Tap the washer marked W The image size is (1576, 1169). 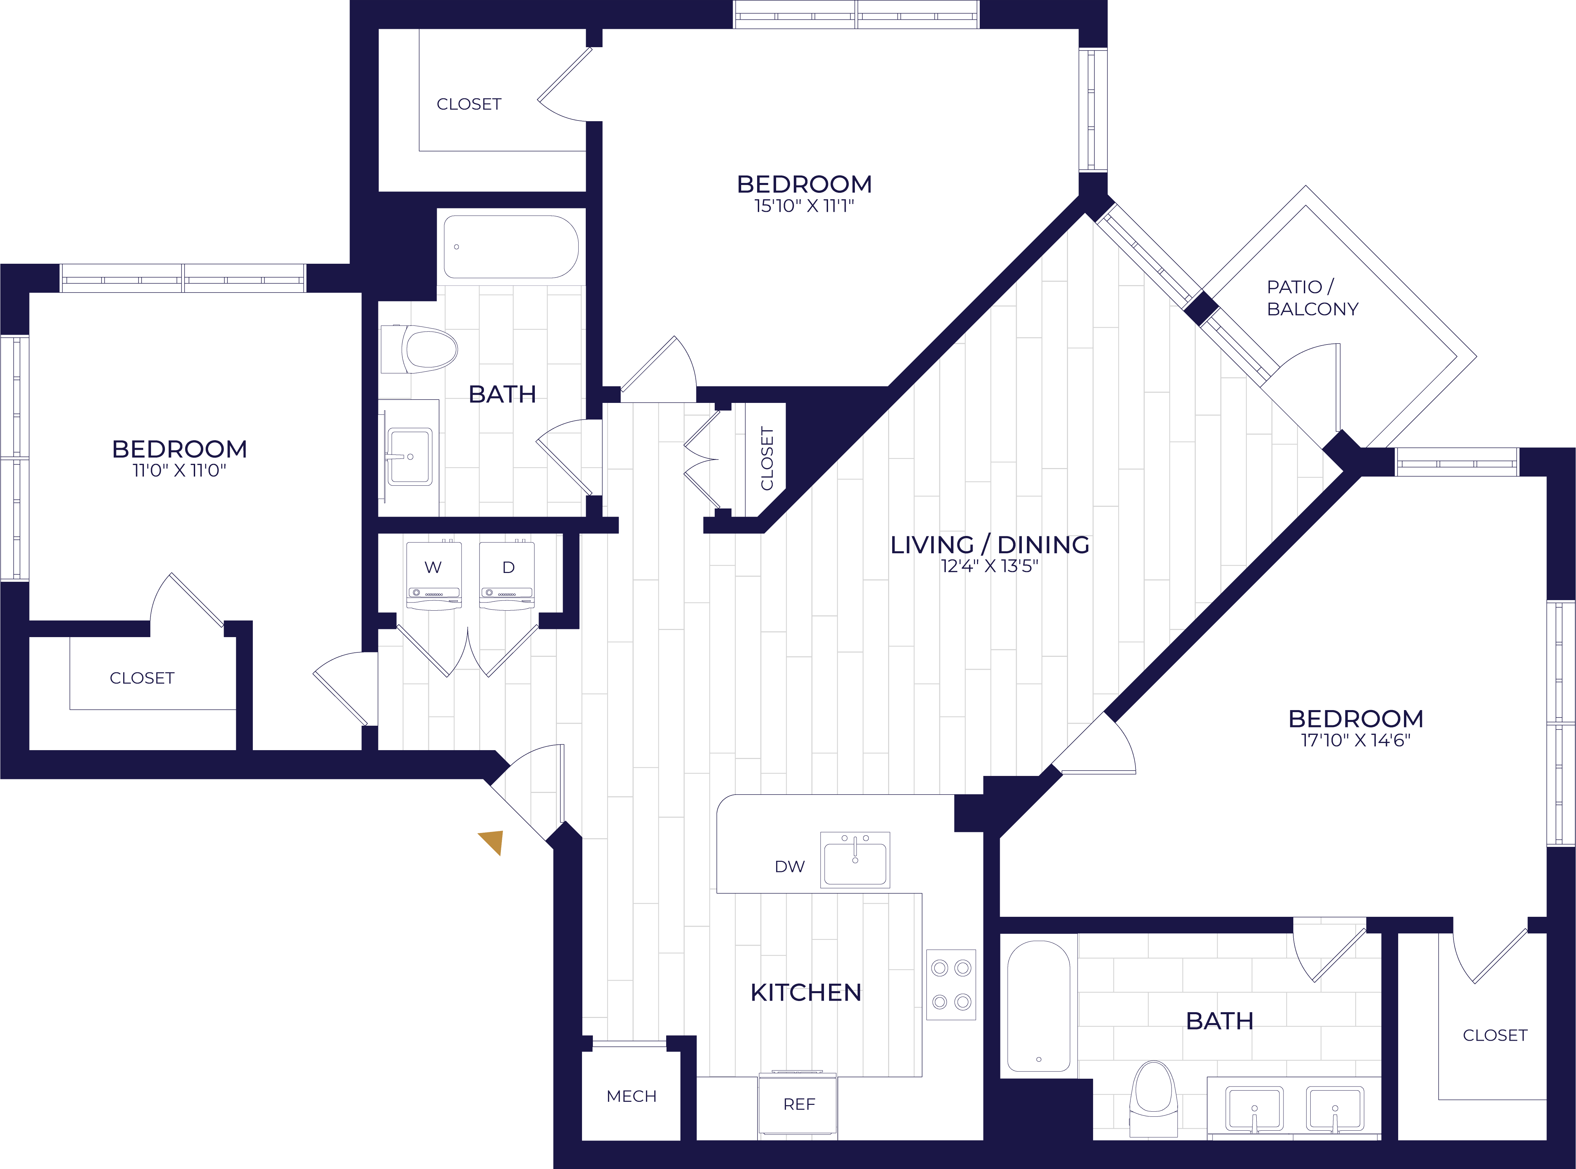[434, 575]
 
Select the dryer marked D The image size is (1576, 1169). [507, 575]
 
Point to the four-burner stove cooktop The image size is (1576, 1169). [951, 984]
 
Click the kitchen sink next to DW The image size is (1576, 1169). [855, 860]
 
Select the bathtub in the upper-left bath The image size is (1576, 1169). [511, 247]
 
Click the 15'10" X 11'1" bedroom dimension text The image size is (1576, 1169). [804, 206]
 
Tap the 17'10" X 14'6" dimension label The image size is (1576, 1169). [1355, 740]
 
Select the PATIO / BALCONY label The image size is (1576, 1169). [1312, 298]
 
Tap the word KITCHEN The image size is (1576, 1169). [806, 993]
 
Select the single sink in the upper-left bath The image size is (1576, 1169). [409, 457]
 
